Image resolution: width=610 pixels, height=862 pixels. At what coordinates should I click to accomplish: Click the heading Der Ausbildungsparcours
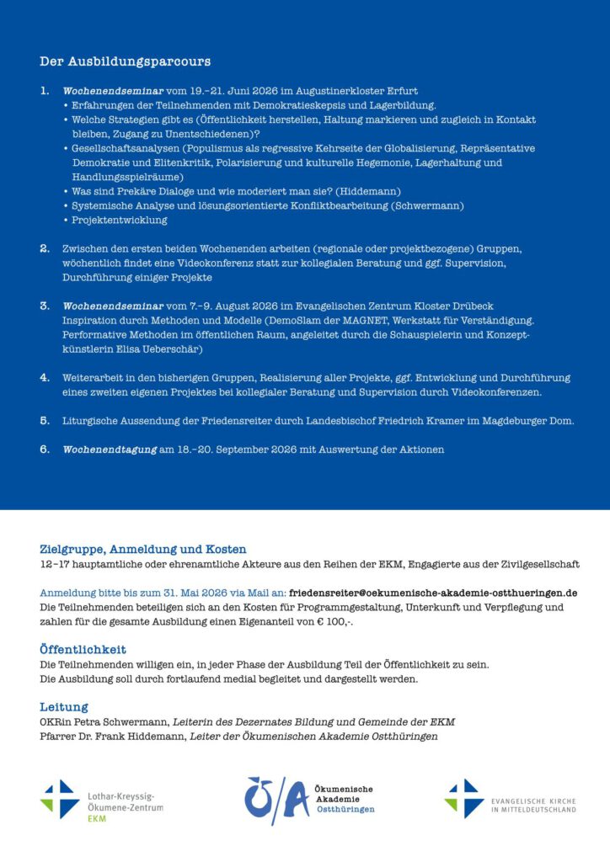[125, 61]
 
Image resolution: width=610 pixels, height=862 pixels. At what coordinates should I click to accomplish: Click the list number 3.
[45, 306]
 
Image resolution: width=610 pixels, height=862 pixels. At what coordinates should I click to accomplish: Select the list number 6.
[45, 449]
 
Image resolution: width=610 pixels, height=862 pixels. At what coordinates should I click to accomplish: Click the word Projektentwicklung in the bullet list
[120, 220]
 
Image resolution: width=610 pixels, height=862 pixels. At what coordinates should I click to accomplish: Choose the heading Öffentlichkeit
[83, 650]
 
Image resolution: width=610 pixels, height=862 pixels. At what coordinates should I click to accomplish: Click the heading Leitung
[63, 707]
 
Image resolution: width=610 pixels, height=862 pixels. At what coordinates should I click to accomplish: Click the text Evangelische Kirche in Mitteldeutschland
[532, 805]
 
